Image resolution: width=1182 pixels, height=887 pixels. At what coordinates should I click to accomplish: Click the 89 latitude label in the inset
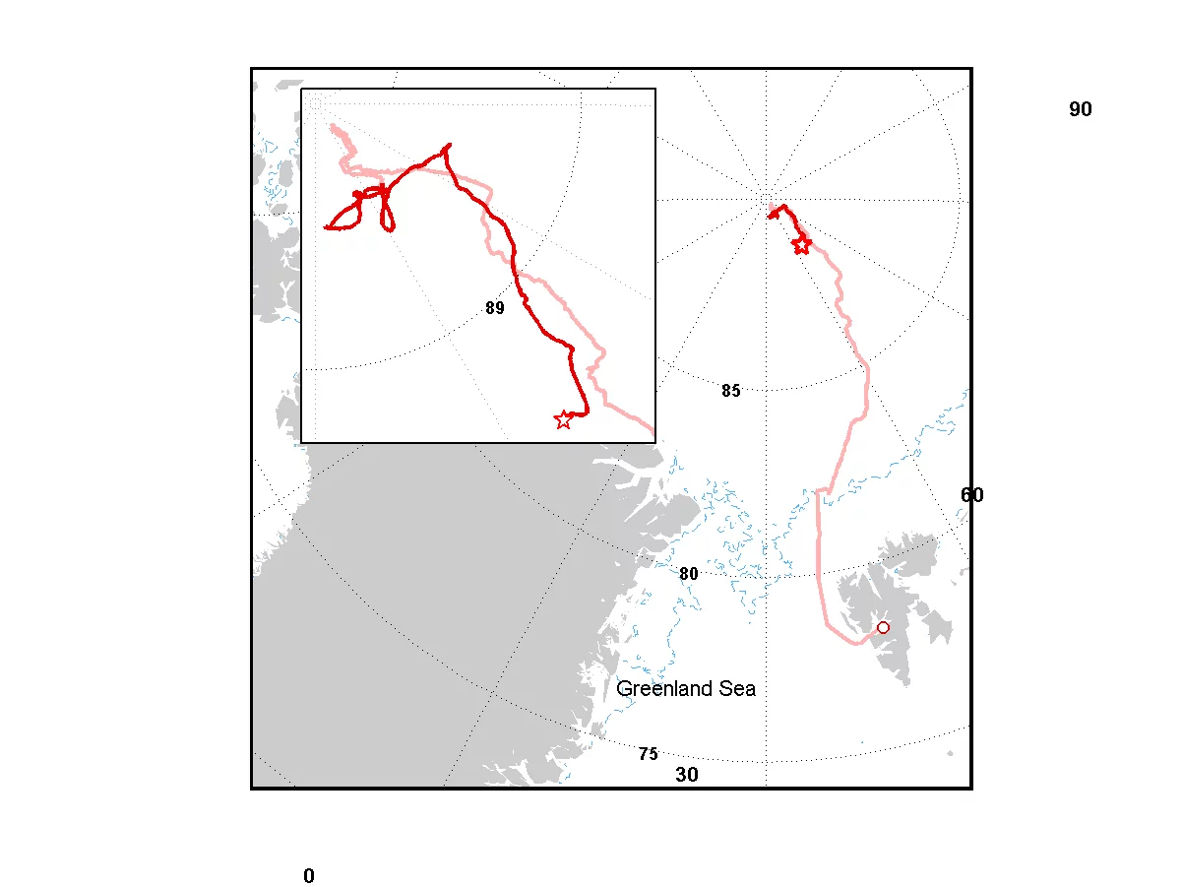(x=494, y=308)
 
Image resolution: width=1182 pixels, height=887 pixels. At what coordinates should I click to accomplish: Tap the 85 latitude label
(x=730, y=391)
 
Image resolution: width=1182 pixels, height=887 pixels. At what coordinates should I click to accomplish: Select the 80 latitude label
(x=689, y=574)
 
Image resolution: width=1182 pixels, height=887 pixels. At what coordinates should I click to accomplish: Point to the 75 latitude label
(x=648, y=754)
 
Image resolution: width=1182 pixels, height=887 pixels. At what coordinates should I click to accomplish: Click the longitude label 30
(x=687, y=775)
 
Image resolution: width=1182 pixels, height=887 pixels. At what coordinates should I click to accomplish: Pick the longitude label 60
(x=971, y=495)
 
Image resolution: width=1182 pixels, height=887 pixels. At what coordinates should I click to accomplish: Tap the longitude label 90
(x=1081, y=109)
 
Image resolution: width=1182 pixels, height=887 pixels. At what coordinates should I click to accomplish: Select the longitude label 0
(x=309, y=876)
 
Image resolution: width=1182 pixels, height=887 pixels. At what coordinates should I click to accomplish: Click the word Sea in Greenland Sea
(x=737, y=689)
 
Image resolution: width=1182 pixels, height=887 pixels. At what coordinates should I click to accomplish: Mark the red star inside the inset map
(x=563, y=420)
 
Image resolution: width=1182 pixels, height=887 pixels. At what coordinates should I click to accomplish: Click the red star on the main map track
(x=801, y=244)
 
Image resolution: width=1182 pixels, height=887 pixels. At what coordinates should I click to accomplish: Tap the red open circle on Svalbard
(x=883, y=627)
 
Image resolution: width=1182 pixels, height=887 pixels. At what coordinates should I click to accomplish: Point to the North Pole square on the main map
(x=767, y=201)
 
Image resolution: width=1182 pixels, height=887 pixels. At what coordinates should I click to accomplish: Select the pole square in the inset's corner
(x=316, y=103)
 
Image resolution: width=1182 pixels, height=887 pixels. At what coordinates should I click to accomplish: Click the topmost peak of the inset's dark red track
(x=449, y=145)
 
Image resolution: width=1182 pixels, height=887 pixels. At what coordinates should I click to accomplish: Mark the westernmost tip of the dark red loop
(x=327, y=227)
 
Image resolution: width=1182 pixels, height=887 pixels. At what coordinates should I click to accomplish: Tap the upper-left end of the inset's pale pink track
(x=334, y=126)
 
